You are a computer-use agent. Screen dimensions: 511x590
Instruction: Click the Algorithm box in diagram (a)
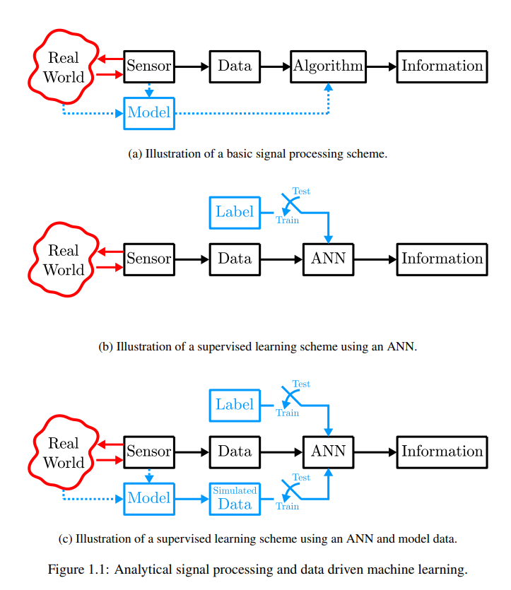(328, 66)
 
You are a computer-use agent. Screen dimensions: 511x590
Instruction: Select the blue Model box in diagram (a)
(149, 113)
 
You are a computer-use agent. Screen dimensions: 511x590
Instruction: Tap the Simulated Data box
(235, 499)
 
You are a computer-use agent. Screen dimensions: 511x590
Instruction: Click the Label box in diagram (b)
(235, 213)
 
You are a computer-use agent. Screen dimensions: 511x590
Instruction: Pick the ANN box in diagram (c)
(328, 452)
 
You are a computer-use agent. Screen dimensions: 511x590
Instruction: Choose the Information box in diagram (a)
(442, 66)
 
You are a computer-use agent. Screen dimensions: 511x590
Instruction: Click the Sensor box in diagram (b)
(149, 259)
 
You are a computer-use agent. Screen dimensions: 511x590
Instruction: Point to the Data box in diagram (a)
(235, 66)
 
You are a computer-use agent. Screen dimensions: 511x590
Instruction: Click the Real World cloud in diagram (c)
(64, 453)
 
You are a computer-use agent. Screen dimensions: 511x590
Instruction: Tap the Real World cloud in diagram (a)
(64, 66)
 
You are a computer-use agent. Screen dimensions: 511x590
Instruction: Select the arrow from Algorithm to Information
(382, 66)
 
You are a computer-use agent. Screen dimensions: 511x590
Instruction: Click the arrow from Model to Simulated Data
(192, 499)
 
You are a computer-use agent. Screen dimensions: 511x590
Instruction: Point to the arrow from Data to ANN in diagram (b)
(281, 259)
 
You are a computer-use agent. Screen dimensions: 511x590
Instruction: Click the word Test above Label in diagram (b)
(301, 191)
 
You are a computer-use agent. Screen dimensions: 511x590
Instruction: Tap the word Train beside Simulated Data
(288, 507)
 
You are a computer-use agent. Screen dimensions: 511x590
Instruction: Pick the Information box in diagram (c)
(442, 452)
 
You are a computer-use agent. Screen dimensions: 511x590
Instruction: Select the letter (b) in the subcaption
(106, 346)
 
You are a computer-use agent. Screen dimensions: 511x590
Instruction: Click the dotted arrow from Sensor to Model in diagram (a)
(149, 90)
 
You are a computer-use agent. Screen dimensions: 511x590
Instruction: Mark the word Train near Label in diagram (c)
(288, 413)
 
